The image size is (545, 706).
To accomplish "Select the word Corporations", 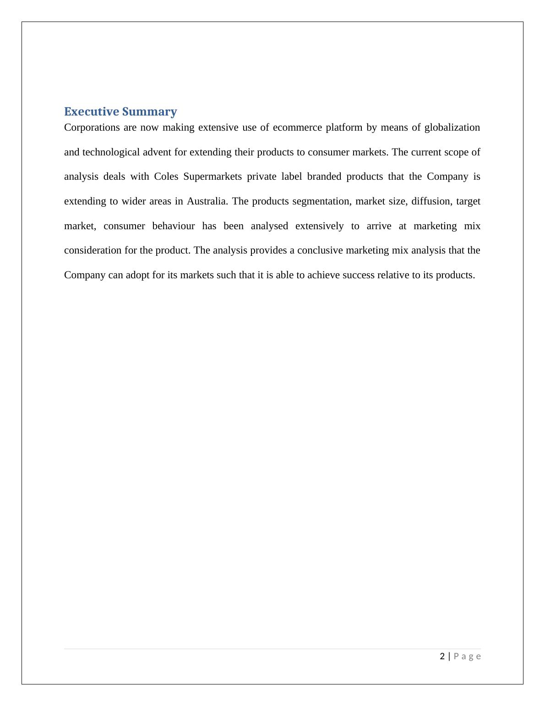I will [92, 127].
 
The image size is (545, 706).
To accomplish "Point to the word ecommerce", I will [297, 127].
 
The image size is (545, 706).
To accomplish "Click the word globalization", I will [452, 127].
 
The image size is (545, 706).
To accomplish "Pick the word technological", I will [111, 152].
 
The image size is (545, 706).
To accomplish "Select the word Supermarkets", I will [213, 177].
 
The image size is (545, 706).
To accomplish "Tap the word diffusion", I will [431, 202].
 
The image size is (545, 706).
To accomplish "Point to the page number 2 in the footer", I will [442, 656].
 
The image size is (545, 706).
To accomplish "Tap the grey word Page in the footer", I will [467, 656].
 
